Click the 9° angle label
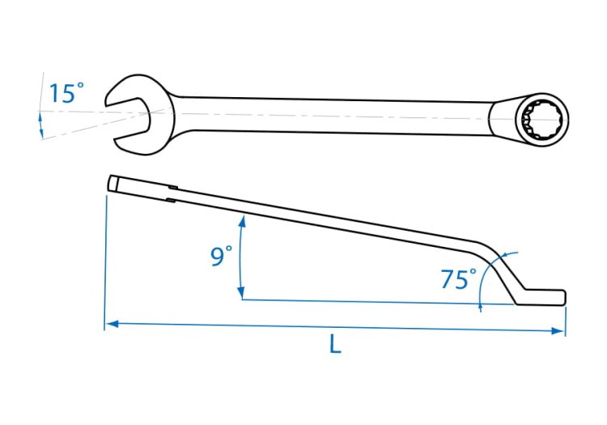tap(221, 257)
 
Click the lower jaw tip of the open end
tap(122, 145)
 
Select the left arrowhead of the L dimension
tap(111, 324)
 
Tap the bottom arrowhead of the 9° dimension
tap(240, 294)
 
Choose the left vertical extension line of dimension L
tap(105, 259)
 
